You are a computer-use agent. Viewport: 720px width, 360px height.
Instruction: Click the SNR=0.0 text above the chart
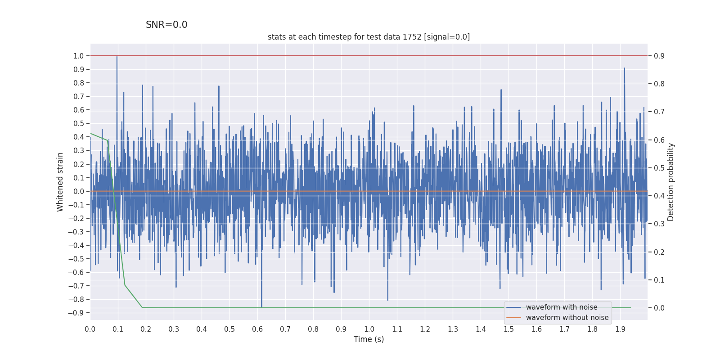click(166, 25)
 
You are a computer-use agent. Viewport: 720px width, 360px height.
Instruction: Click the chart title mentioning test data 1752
click(369, 37)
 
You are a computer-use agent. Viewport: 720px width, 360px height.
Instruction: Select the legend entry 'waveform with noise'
click(562, 307)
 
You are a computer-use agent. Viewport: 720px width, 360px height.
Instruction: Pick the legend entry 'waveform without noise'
click(567, 318)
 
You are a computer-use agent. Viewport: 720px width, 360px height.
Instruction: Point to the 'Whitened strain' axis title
click(60, 182)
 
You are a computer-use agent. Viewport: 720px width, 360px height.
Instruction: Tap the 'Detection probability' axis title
click(671, 182)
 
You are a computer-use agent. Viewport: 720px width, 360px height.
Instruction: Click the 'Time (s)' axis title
click(369, 339)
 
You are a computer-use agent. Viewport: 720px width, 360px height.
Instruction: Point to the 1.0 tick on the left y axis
click(79, 56)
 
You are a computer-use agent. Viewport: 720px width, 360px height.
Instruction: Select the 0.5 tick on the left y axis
click(79, 123)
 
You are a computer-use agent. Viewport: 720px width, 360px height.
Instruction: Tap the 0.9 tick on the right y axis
click(659, 56)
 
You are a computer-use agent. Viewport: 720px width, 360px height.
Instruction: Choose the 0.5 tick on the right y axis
click(659, 168)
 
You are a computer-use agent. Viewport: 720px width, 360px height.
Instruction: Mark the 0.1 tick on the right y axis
click(659, 280)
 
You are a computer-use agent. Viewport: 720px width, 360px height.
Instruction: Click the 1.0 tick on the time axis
click(369, 329)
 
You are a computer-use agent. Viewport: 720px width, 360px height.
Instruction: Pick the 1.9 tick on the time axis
click(620, 329)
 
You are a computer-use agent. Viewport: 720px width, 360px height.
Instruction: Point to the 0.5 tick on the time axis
click(229, 329)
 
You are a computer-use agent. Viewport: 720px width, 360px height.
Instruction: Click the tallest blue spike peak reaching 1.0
click(117, 57)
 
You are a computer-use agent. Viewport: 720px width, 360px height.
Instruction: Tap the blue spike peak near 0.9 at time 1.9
click(624, 68)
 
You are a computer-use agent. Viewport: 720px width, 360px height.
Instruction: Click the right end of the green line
click(630, 308)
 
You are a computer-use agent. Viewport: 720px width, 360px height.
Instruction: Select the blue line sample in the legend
click(513, 307)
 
